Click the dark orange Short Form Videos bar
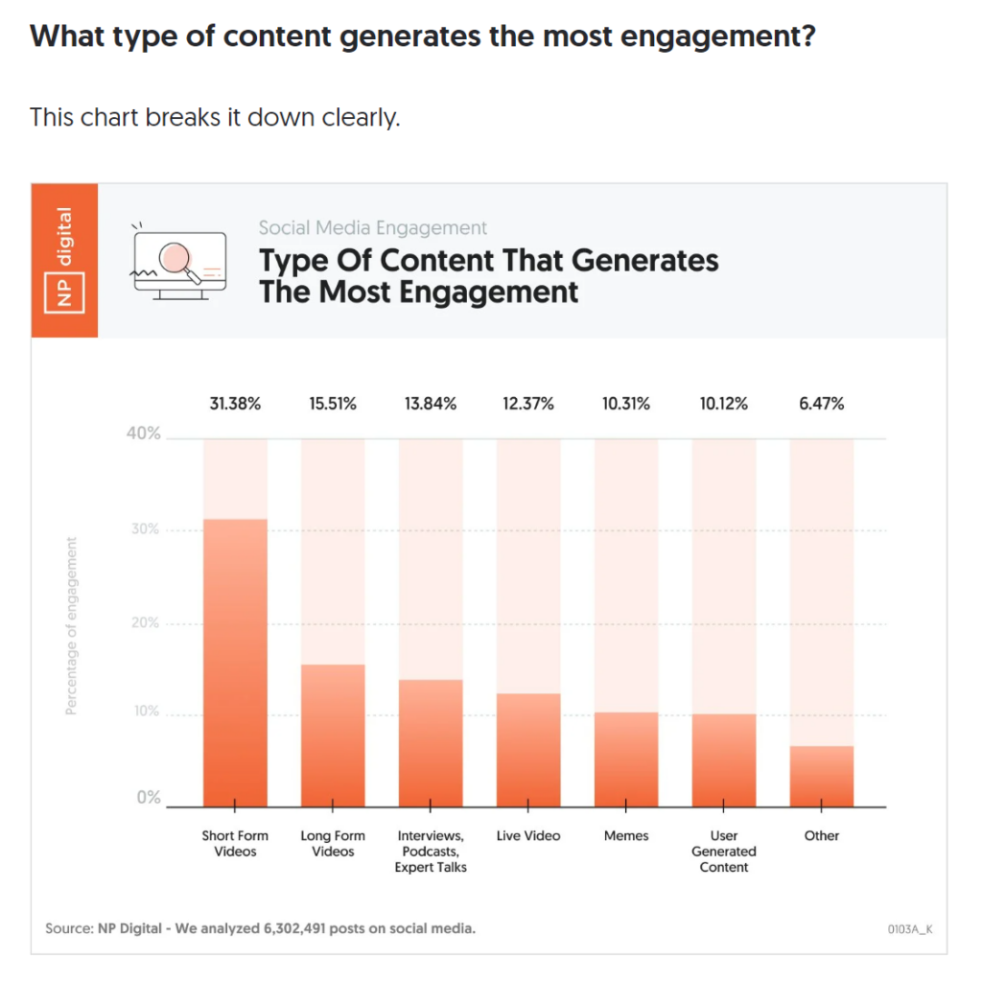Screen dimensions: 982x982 click(235, 662)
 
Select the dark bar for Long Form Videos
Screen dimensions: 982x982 click(333, 735)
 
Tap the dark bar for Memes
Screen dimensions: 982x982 click(626, 759)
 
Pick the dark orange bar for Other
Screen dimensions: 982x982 click(822, 776)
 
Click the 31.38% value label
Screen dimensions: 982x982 click(235, 404)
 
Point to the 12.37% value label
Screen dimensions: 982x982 click(528, 404)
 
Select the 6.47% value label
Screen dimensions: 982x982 click(822, 404)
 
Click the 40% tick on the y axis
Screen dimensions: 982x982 click(144, 433)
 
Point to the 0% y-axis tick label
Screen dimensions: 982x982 click(148, 798)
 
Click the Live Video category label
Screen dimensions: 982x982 click(528, 836)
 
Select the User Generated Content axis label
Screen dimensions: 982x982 click(724, 852)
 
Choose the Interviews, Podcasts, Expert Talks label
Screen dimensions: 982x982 click(431, 852)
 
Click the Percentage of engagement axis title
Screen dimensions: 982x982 click(71, 626)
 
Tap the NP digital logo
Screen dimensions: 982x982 click(64, 260)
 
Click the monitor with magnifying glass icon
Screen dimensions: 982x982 click(178, 261)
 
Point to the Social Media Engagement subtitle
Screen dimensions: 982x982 click(373, 228)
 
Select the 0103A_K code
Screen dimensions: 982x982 click(910, 929)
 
